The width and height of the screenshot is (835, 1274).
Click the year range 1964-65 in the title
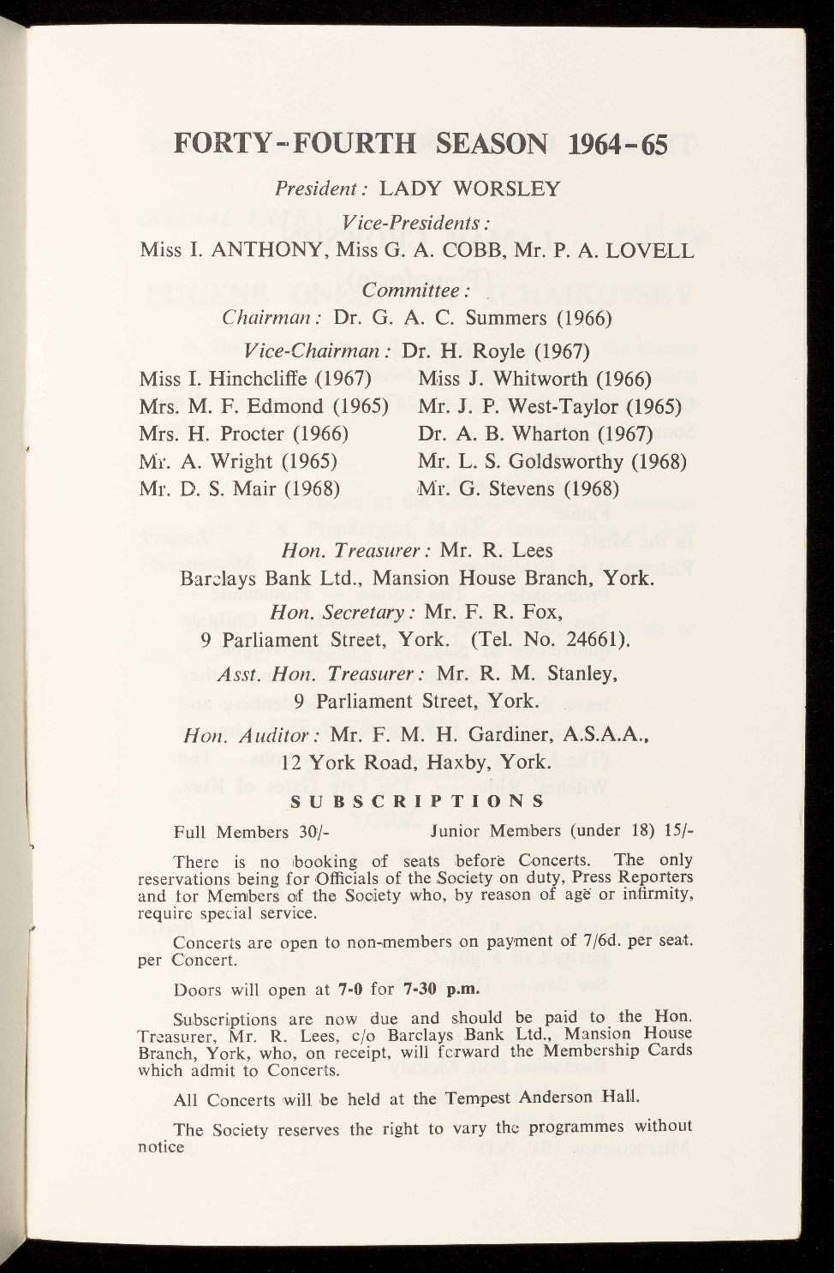pyautogui.click(x=617, y=143)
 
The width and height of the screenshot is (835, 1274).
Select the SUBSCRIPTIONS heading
pyautogui.click(x=417, y=803)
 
